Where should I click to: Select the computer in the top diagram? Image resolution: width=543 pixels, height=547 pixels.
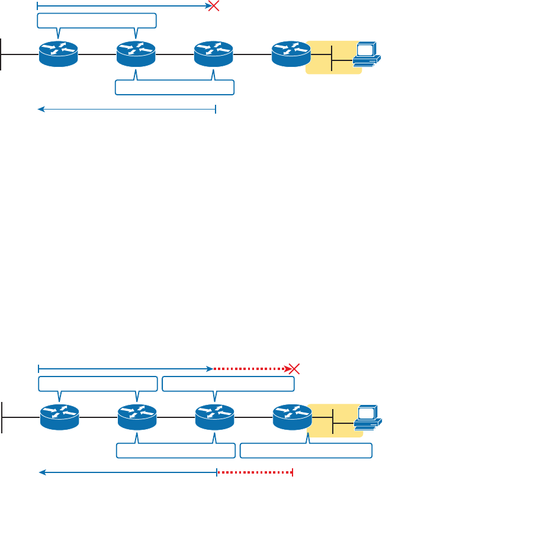tap(367, 54)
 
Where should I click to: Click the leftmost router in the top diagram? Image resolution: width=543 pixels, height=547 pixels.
tap(59, 54)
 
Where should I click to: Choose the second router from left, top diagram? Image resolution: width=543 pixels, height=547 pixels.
tap(136, 54)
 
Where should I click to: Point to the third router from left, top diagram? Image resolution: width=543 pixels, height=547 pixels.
tap(214, 54)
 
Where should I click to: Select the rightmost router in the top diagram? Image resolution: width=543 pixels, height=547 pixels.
tap(291, 54)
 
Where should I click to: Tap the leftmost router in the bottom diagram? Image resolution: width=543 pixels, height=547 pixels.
tap(59, 417)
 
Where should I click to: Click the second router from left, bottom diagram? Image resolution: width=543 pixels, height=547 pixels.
tap(137, 417)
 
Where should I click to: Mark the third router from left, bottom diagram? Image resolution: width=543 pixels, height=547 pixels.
tap(214, 417)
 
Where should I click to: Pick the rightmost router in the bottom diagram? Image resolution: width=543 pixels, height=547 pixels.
tap(292, 417)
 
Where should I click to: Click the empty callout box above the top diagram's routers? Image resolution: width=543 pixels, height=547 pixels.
tap(97, 21)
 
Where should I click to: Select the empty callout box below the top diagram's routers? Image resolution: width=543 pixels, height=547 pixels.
tap(175, 88)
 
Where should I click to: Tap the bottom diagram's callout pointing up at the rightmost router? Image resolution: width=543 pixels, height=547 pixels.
tap(306, 451)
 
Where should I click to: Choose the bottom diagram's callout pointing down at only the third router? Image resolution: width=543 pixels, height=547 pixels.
tap(228, 384)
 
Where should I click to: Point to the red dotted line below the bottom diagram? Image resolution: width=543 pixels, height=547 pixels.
tap(255, 472)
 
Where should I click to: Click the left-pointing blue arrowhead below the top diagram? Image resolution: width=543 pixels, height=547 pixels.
tap(41, 109)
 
